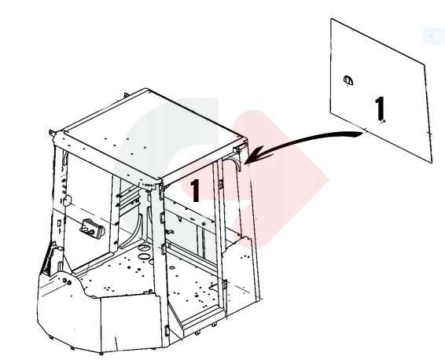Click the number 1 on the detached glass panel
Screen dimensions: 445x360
click(380, 108)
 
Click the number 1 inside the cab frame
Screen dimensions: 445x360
click(194, 190)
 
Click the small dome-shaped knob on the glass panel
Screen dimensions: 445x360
click(348, 80)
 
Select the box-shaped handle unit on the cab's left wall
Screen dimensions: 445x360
click(92, 228)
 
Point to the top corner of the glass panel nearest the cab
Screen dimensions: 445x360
click(331, 19)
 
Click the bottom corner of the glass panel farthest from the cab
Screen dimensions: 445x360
click(432, 163)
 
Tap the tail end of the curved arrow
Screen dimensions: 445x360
click(362, 134)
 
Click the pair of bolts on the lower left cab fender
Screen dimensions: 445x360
click(67, 281)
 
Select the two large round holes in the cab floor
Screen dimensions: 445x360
click(144, 252)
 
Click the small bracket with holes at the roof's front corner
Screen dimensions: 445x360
click(147, 186)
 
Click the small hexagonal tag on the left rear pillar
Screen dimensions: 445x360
click(67, 200)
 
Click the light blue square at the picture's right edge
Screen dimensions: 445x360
click(434, 36)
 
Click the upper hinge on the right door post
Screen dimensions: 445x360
click(220, 184)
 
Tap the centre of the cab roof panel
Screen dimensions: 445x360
click(150, 134)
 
